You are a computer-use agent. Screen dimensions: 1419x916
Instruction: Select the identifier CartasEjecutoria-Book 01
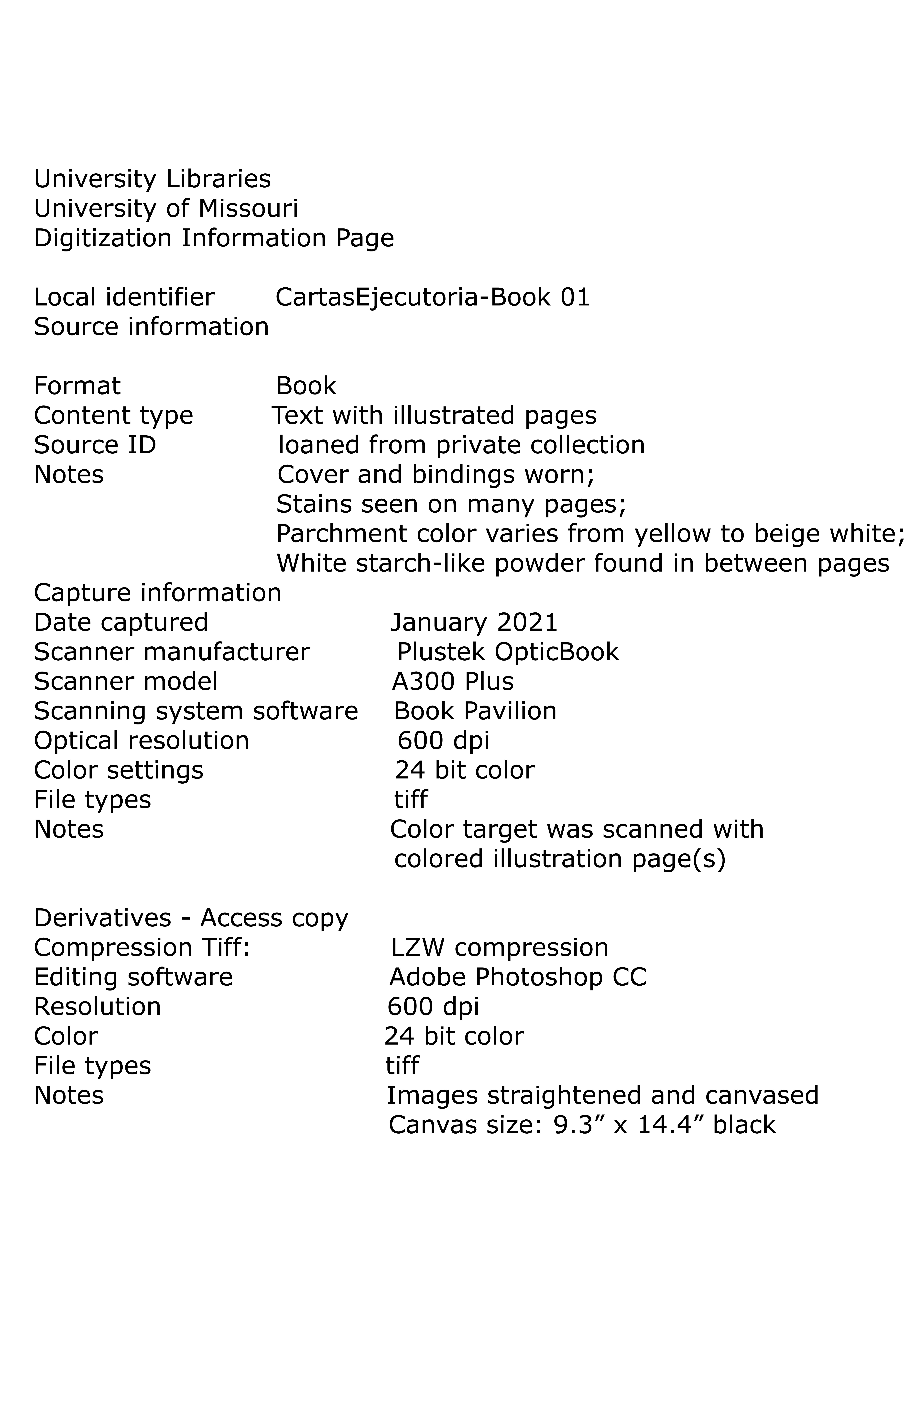click(x=432, y=297)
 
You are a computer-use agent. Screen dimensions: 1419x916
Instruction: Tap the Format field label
click(x=77, y=386)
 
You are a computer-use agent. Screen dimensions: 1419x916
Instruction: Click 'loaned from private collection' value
click(x=462, y=445)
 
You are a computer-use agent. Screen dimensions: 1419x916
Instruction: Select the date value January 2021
click(x=474, y=622)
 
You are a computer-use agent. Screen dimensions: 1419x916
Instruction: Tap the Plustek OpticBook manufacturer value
click(x=508, y=652)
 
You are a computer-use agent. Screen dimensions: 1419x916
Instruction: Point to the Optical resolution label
click(x=142, y=741)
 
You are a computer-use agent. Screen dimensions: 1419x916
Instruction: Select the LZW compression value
click(x=500, y=948)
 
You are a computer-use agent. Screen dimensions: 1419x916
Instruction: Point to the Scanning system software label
click(x=196, y=711)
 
